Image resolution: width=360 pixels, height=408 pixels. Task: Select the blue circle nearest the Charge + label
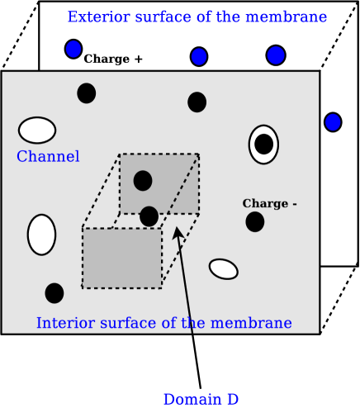point(73,49)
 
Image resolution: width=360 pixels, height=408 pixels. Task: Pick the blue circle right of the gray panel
point(333,122)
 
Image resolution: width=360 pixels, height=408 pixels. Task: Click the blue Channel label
point(48,157)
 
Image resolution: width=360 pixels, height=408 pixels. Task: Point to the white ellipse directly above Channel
point(37,130)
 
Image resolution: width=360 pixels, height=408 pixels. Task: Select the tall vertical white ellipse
point(41,235)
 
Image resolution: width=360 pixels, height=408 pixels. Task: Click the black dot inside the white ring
point(263,144)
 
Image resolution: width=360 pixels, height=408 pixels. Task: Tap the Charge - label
point(269,204)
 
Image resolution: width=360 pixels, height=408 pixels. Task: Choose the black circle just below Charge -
point(255,221)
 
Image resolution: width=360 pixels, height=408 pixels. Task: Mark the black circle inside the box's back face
point(143,180)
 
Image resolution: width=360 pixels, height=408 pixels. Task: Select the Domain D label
point(201,399)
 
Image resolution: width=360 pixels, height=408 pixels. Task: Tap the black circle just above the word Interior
point(54,292)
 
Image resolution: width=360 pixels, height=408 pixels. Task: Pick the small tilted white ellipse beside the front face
point(223,268)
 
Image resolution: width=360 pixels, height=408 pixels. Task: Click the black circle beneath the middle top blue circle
point(197,102)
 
